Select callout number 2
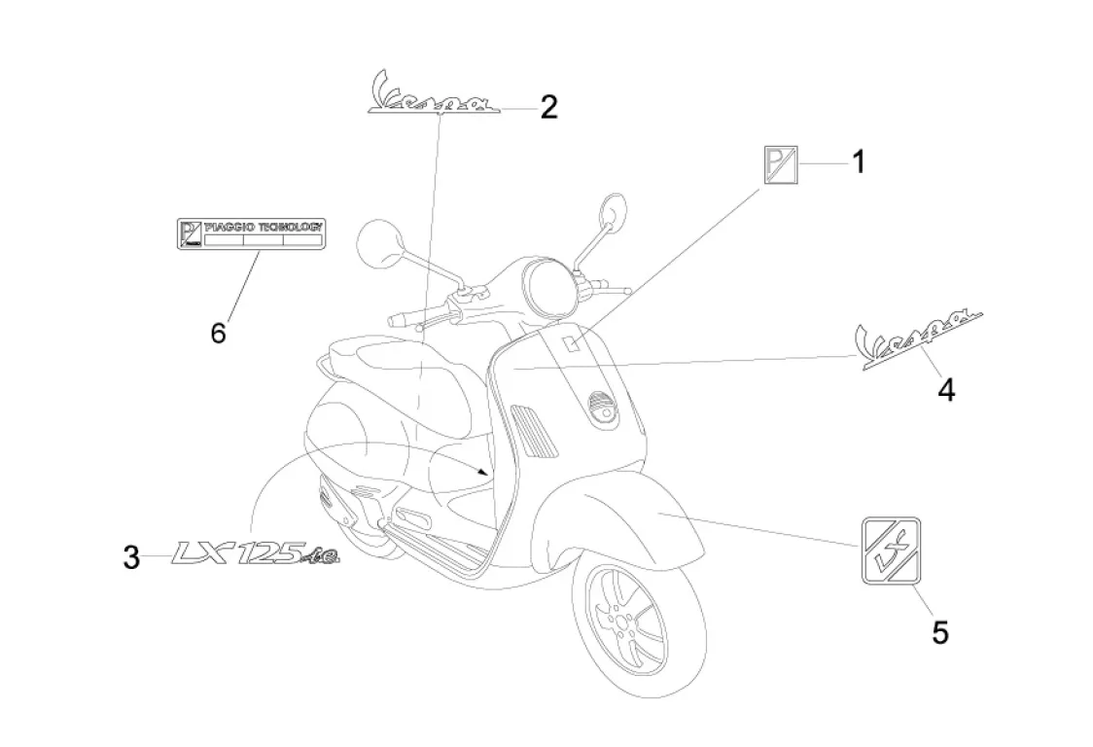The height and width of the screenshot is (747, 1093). click(x=548, y=107)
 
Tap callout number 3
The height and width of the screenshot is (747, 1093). click(x=131, y=558)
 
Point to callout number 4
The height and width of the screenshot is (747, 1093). click(x=945, y=390)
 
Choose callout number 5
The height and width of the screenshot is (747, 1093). click(x=939, y=632)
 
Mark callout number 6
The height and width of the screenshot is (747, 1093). click(x=218, y=333)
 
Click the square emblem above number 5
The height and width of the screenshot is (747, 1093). click(x=891, y=551)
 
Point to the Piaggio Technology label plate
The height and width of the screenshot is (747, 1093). click(x=250, y=233)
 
